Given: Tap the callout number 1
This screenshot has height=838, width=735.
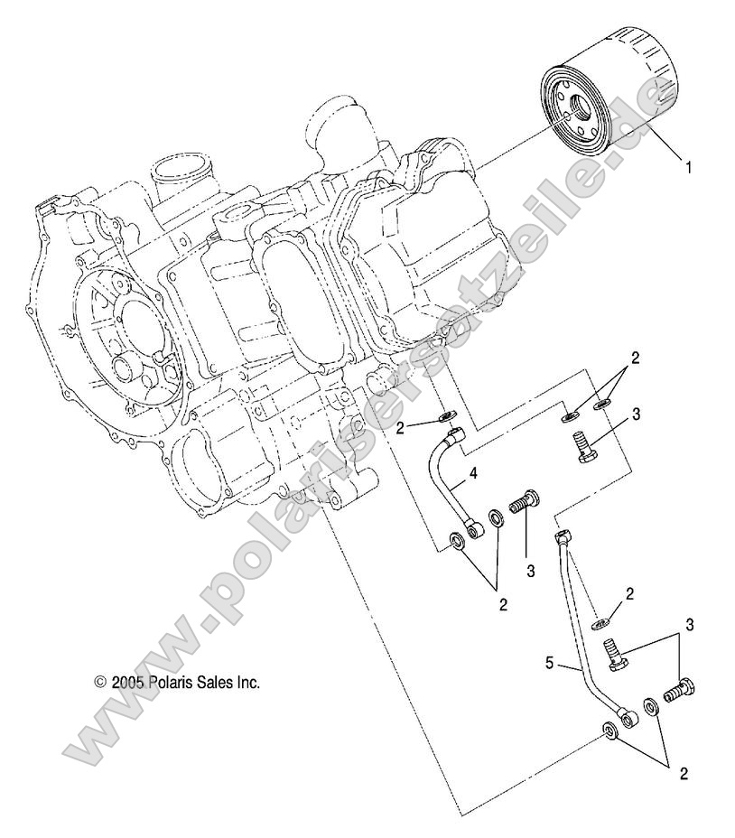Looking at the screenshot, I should click(688, 167).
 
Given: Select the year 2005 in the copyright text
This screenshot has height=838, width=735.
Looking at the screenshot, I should click(127, 683).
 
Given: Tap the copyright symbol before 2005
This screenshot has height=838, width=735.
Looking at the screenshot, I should click(101, 684).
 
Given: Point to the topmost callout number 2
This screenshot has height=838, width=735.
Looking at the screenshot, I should click(635, 358).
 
